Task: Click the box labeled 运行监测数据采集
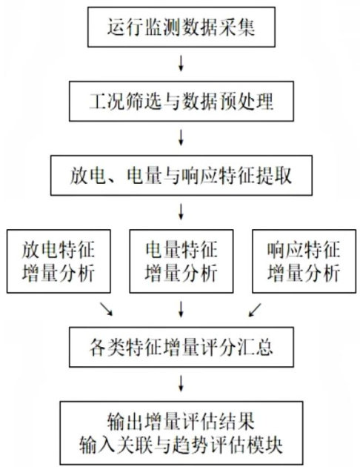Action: [181, 27]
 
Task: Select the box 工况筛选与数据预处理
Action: [181, 102]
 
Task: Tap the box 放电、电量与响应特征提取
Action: [181, 175]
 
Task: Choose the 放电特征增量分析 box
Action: [59, 261]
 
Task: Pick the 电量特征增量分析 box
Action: [181, 261]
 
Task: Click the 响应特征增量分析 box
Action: [304, 261]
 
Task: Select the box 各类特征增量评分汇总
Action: [181, 347]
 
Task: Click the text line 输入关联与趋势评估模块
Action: [181, 445]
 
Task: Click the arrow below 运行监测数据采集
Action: [181, 63]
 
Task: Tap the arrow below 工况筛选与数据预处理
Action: [181, 137]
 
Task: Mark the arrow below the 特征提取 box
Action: [181, 211]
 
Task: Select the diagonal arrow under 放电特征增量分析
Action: [106, 309]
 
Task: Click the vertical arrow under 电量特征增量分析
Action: [181, 308]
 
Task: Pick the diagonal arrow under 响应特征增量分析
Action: [255, 310]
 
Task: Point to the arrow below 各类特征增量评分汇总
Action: [181, 382]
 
